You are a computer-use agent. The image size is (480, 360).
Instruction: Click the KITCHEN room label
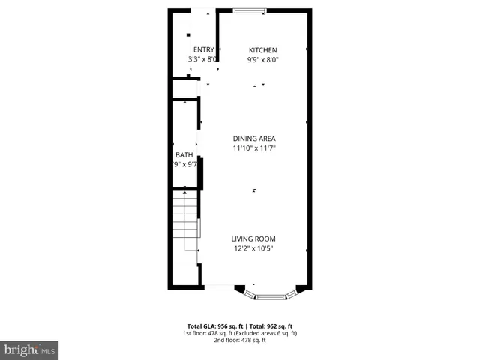262,50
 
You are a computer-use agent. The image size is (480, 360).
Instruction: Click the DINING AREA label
254,139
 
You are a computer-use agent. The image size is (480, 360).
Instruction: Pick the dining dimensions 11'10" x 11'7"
254,148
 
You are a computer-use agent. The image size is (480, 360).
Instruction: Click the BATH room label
184,155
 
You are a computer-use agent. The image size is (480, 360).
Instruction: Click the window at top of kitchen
249,10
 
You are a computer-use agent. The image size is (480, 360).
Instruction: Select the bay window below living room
270,295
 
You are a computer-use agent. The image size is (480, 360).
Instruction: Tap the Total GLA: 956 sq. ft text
214,327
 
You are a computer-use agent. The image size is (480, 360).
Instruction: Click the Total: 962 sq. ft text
271,327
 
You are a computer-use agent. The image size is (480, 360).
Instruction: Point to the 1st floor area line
239,334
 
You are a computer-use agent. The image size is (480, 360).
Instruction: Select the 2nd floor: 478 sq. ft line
239,340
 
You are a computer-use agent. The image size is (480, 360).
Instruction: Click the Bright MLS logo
29,350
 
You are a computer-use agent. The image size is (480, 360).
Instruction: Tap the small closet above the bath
184,88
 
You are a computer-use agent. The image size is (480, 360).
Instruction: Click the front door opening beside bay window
219,287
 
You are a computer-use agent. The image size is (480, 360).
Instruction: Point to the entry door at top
202,10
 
